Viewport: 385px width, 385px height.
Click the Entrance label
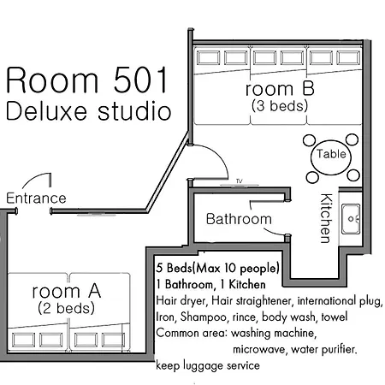pos(36,198)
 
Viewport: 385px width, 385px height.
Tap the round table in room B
pos(331,157)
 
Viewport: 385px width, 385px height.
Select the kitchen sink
pos(351,219)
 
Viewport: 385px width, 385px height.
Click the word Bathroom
pos(239,219)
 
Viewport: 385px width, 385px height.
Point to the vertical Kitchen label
pos(326,218)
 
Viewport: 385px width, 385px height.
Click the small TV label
pos(239,181)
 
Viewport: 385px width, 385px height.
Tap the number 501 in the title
pos(140,80)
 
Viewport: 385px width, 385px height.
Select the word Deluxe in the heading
pos(46,111)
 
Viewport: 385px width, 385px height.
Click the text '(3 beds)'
pos(280,106)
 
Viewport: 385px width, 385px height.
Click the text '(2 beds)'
pos(66,308)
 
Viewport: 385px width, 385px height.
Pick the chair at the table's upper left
pos(309,140)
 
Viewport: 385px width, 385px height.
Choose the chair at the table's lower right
pos(353,175)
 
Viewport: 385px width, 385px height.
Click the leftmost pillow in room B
pos(208,58)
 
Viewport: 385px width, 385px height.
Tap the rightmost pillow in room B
pos(348,58)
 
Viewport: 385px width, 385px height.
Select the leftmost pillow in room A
pos(24,340)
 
